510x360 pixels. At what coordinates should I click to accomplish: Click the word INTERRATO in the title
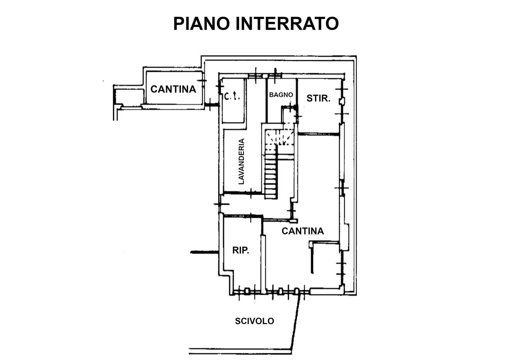click(287, 23)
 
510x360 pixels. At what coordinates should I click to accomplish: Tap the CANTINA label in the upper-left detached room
click(173, 89)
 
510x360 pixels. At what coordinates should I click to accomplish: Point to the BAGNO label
click(281, 95)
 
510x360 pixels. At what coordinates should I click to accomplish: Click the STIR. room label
click(318, 98)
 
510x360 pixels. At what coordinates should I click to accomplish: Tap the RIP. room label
click(241, 250)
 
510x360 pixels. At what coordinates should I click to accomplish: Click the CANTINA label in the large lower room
click(302, 231)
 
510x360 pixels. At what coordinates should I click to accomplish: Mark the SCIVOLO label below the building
click(254, 321)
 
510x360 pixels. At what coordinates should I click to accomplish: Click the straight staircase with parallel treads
click(271, 174)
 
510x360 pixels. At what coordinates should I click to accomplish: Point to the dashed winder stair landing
click(280, 137)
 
